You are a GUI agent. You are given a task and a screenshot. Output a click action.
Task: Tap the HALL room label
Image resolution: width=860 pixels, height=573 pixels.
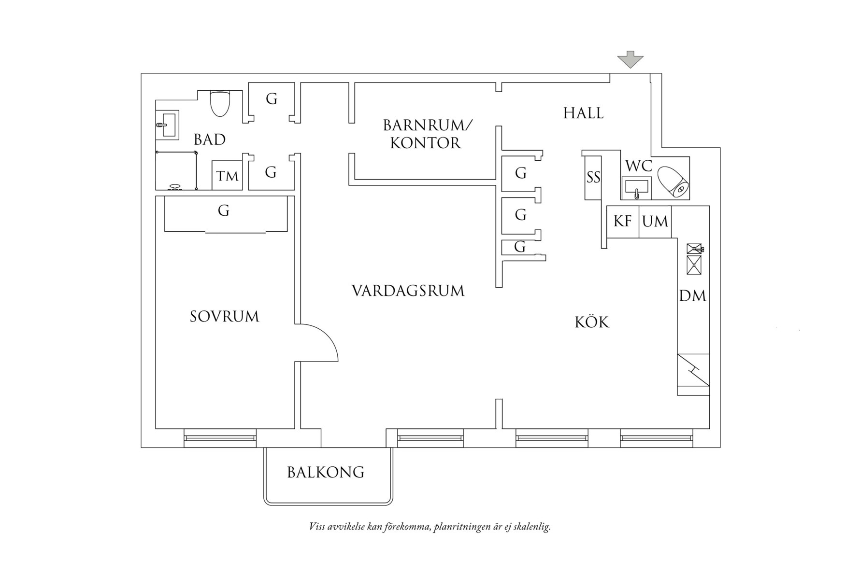[x=583, y=113]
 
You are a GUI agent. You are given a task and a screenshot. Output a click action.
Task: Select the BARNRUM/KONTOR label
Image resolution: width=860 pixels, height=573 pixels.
[x=427, y=134]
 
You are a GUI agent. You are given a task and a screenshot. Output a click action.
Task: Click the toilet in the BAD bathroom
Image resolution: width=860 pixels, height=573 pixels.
[x=220, y=103]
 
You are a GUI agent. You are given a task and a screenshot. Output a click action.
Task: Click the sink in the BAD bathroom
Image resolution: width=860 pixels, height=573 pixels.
[x=168, y=124]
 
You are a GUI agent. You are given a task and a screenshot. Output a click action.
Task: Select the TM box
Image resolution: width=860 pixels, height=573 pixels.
[x=227, y=175]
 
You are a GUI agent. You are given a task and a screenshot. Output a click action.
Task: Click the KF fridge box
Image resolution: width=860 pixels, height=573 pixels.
[x=623, y=222]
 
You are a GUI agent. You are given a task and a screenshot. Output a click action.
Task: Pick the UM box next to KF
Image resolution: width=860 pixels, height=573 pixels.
[x=655, y=222]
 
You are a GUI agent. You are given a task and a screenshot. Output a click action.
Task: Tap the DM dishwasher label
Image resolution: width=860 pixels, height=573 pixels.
[x=693, y=296]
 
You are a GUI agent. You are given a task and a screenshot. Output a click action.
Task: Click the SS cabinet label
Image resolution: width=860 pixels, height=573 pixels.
[x=593, y=178]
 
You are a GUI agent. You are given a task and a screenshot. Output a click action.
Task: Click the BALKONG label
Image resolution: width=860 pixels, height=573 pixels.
[x=326, y=472]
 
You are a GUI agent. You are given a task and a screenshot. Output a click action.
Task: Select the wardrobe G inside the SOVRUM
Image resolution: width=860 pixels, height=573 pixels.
[x=223, y=211]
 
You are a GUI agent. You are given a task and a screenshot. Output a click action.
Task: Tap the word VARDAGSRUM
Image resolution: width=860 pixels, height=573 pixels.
[x=408, y=291]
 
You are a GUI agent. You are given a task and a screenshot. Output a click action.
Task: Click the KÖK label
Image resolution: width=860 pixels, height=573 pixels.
[x=592, y=322]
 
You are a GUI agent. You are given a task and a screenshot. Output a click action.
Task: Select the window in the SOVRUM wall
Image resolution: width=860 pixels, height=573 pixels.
[x=220, y=438]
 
